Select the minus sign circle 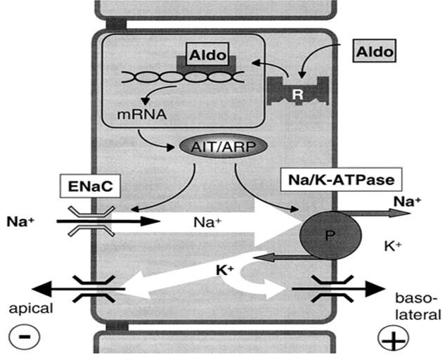(x=24, y=336)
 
